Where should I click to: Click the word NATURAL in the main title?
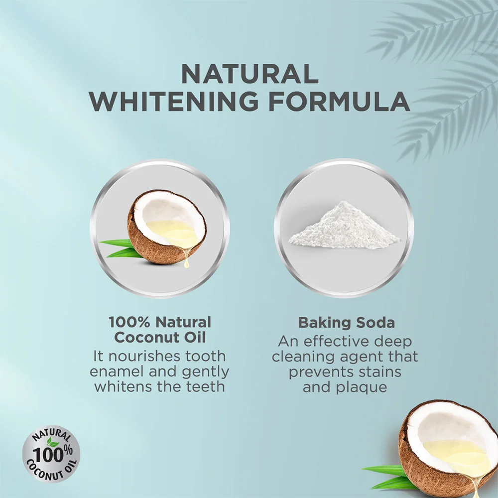249,74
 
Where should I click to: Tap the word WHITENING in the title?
174,101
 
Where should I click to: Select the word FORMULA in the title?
339,101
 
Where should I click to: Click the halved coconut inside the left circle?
167,227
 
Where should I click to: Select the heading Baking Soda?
347,323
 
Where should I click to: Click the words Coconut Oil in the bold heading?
160,337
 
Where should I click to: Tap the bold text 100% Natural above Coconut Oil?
160,322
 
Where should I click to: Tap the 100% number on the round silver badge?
52,455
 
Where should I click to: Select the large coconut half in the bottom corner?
448,449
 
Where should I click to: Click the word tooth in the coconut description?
206,356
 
